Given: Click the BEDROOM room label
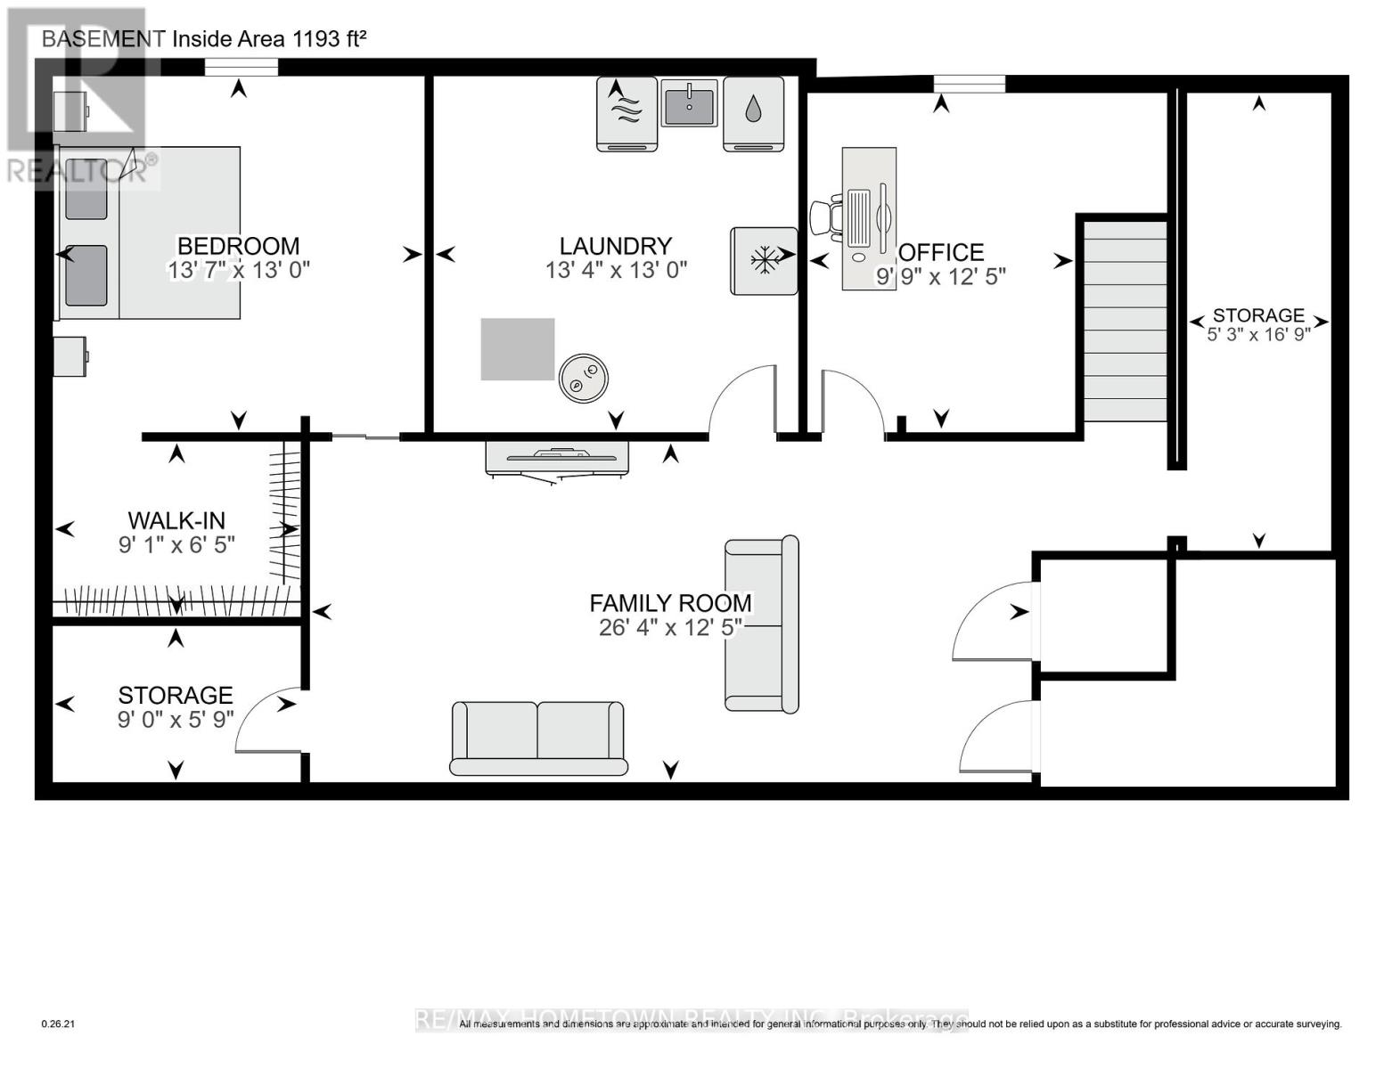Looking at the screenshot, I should [238, 246].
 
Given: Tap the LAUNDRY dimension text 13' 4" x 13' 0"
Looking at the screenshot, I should [616, 270].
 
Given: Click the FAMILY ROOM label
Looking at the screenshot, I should [670, 603].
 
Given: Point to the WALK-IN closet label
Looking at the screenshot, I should [176, 520].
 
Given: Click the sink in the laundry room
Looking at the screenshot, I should [689, 102].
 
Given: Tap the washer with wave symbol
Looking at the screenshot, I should [626, 113].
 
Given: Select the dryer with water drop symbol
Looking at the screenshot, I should [753, 113].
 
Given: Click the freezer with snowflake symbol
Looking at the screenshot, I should [764, 261].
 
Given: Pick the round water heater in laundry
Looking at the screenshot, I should [584, 378].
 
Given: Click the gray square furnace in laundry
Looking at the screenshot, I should [518, 349].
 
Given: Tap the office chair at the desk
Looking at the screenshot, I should [826, 219].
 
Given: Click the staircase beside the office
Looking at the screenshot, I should [1125, 321].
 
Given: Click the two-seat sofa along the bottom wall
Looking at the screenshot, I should [538, 738].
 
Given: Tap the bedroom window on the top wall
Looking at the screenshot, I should [241, 67].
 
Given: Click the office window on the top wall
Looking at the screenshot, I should [969, 84].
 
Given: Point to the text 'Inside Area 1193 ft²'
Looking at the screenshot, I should [269, 38].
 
